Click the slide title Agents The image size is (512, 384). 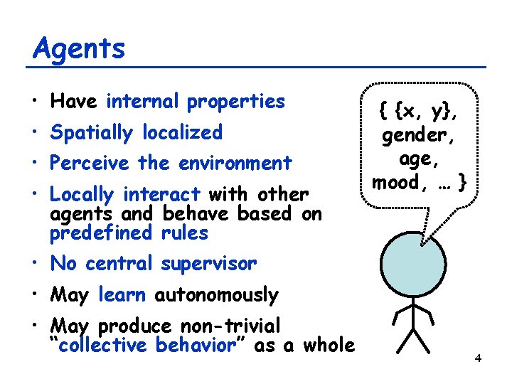[79, 48]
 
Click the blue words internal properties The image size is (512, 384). [196, 102]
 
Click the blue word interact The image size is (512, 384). [161, 195]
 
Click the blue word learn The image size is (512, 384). [122, 294]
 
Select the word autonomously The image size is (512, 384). [216, 295]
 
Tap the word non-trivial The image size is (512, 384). [230, 326]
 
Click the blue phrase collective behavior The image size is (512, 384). [146, 346]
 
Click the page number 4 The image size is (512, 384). [478, 358]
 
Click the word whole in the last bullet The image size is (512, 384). [328, 346]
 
